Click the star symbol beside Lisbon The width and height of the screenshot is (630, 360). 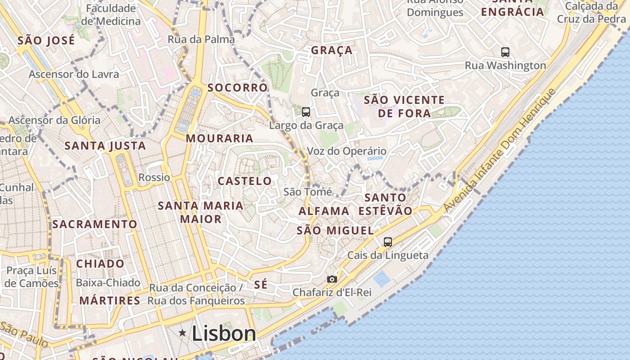point(182,333)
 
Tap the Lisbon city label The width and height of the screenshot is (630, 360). point(224,333)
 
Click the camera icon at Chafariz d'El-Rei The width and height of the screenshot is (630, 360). point(332,279)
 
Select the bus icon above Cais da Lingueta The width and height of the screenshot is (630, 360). point(387,242)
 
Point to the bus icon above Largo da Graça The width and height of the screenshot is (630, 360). point(306,112)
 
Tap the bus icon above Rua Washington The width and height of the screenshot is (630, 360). point(505,52)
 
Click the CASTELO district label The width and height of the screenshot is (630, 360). point(245,181)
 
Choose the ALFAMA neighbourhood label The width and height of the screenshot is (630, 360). point(324,211)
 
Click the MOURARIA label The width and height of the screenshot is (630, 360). point(220,138)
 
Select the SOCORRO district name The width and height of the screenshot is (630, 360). point(238,87)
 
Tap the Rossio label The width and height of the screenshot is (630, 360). point(154,177)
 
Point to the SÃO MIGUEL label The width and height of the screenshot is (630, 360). point(335,231)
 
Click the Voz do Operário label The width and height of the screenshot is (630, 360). point(346,151)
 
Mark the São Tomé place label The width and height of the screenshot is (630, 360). point(308,192)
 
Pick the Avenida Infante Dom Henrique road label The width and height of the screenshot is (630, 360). point(499,151)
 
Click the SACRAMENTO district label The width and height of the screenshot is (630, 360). point(95,224)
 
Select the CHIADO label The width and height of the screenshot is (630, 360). point(100,264)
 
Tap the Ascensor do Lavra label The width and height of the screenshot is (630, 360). point(74,74)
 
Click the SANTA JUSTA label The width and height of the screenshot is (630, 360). point(105,146)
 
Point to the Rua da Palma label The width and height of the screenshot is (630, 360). point(201,40)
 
